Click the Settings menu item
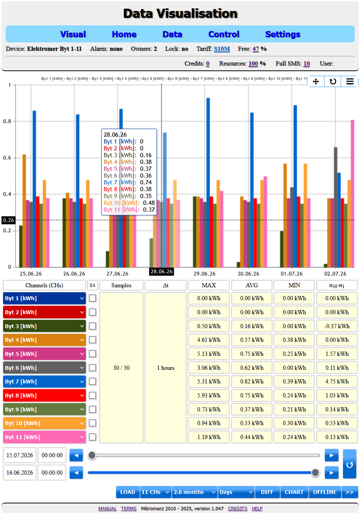point(282,34)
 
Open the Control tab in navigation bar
point(223,34)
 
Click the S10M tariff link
point(222,49)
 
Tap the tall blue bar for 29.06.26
point(208,183)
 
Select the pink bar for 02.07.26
point(352,193)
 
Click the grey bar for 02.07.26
point(335,207)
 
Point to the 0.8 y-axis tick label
point(7,121)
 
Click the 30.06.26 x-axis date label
point(248,274)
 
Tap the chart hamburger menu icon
point(350,81)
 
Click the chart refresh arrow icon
point(333,81)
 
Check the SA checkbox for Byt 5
point(92,354)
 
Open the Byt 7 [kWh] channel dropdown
point(44,382)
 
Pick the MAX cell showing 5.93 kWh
point(209,396)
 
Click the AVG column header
point(251,285)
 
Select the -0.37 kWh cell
point(337,326)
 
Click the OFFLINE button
point(325,492)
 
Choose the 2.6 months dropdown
point(194,492)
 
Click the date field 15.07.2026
point(20,455)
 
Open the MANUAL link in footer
point(107,508)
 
